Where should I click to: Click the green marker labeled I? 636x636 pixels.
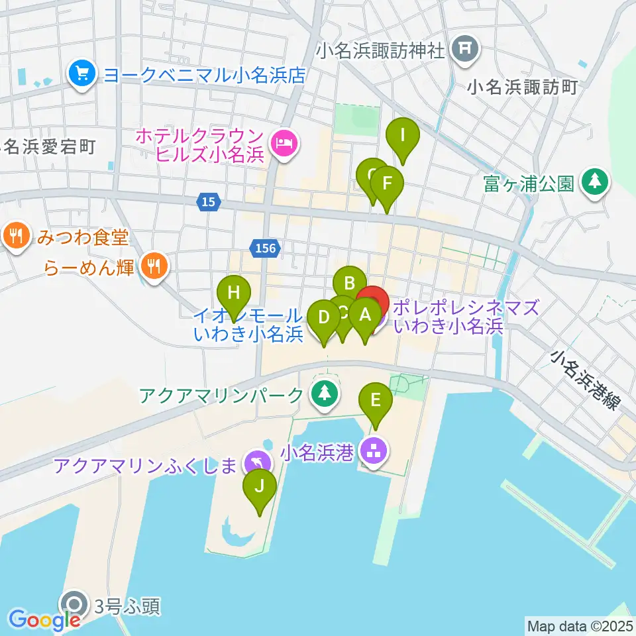pyautogui.click(x=403, y=136)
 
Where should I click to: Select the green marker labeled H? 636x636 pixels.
pyautogui.click(x=234, y=292)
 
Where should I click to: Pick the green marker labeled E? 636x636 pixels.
pyautogui.click(x=376, y=400)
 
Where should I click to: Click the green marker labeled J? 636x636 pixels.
pyautogui.click(x=260, y=486)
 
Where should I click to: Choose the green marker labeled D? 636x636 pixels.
pyautogui.click(x=324, y=317)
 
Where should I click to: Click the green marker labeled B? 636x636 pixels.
pyautogui.click(x=349, y=284)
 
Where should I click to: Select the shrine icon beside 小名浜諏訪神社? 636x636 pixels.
pyautogui.click(x=464, y=49)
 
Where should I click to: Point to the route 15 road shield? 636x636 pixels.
pyautogui.click(x=209, y=202)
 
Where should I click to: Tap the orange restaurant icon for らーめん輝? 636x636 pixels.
pyautogui.click(x=154, y=267)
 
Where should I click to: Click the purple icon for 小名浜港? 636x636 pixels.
pyautogui.click(x=375, y=453)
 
